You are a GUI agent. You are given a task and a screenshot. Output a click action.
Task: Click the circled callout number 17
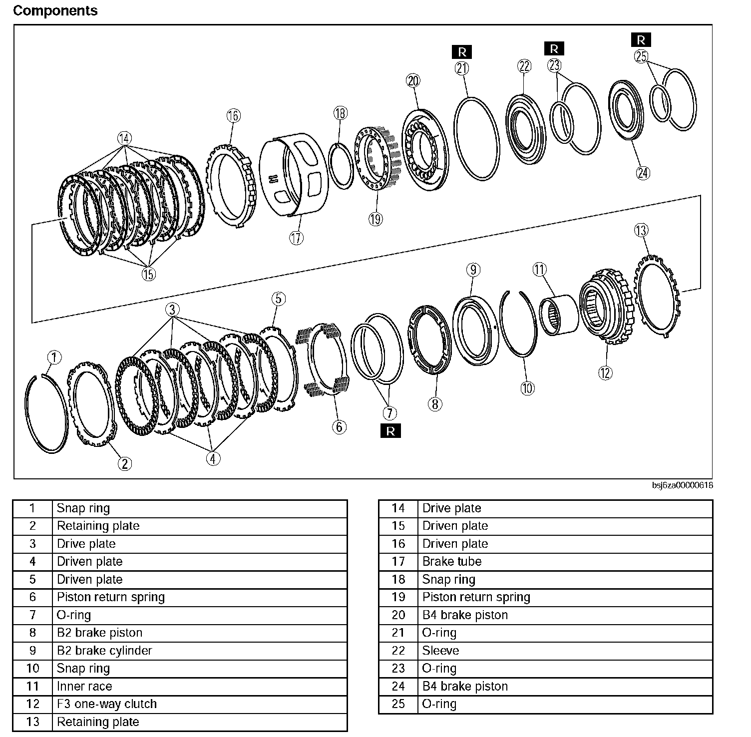(296, 238)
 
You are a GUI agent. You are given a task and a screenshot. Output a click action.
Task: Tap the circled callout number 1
(54, 358)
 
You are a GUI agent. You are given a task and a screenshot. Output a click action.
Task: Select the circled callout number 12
(605, 372)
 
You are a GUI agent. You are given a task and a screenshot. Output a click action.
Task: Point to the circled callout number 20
(413, 81)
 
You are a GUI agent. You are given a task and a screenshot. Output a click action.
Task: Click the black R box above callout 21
(462, 51)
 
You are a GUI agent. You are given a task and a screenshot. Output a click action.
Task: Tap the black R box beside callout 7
(390, 431)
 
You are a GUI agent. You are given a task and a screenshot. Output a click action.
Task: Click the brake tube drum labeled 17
(295, 172)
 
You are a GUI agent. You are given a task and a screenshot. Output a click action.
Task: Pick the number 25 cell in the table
(398, 704)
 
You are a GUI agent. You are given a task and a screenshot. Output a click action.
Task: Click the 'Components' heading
(55, 11)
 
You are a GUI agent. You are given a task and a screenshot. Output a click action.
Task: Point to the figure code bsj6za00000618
(682, 485)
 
